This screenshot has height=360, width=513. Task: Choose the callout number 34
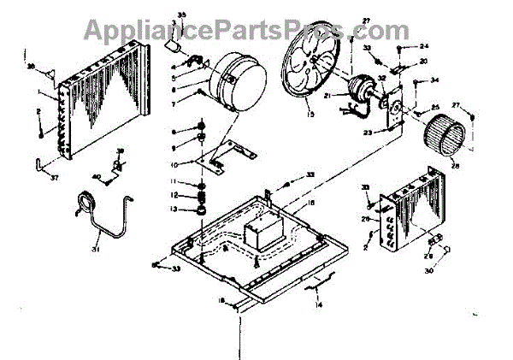[x=434, y=81]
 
